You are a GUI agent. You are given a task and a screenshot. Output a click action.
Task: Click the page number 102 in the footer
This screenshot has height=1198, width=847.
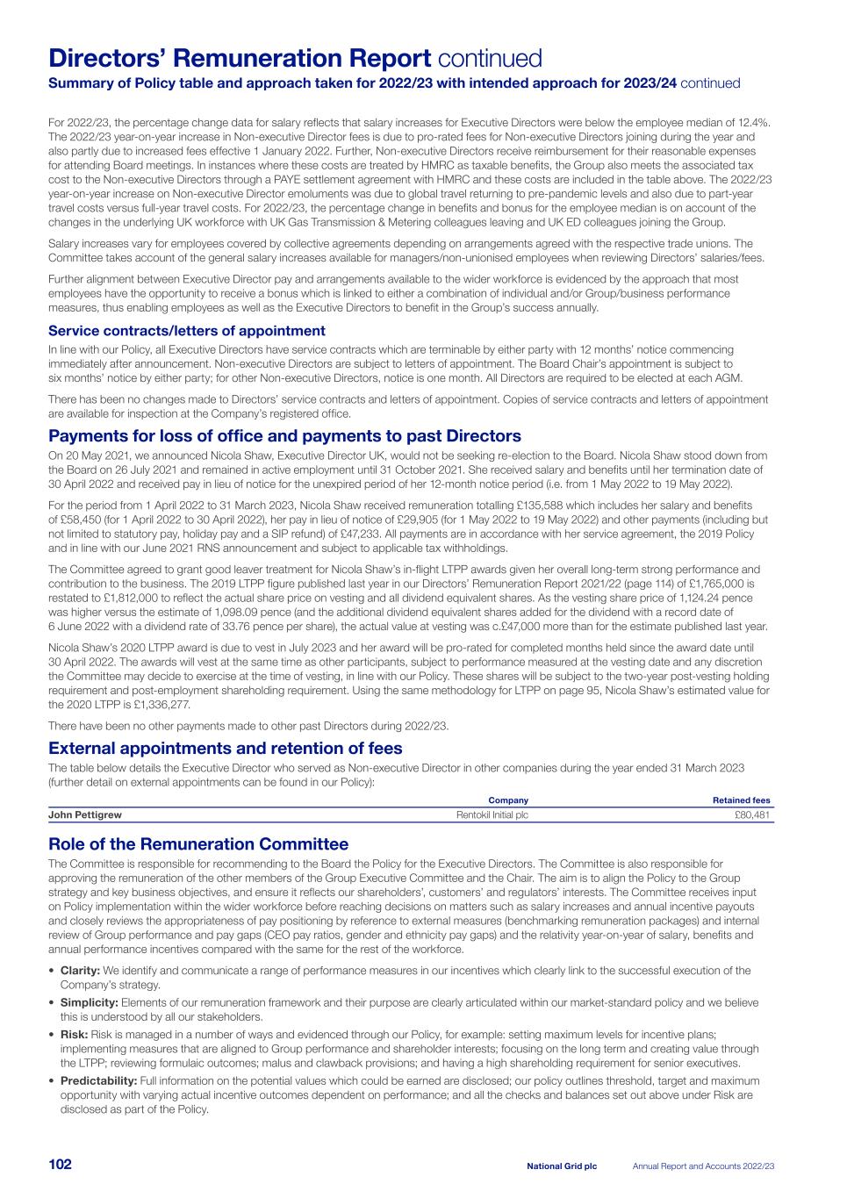(x=60, y=1165)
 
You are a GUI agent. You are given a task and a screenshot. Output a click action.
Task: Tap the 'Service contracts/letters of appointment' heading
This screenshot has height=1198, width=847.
(x=186, y=331)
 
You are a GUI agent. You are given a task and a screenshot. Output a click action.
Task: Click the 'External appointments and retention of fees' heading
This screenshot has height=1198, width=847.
(x=226, y=749)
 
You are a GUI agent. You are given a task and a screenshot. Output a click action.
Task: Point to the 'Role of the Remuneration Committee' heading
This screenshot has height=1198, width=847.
(x=198, y=844)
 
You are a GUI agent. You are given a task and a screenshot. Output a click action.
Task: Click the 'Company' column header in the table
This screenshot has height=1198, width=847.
(x=508, y=800)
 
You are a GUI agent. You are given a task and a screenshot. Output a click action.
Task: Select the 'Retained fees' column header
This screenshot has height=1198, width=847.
(x=741, y=800)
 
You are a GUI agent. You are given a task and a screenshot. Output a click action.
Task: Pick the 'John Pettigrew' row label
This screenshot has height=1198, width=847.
(x=85, y=815)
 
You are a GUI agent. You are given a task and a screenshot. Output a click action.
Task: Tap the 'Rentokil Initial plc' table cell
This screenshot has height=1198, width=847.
(x=492, y=815)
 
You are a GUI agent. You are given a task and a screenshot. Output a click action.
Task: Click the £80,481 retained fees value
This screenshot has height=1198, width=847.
(x=752, y=815)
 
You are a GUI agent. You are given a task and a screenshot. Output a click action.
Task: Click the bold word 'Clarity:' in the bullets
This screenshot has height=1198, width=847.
(x=80, y=971)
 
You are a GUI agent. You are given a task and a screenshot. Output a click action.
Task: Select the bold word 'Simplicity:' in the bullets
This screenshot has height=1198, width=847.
(x=89, y=1002)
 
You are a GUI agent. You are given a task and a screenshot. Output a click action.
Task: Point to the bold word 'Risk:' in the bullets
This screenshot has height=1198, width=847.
(x=74, y=1035)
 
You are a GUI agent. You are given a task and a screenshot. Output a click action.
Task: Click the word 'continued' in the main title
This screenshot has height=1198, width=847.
(x=490, y=59)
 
